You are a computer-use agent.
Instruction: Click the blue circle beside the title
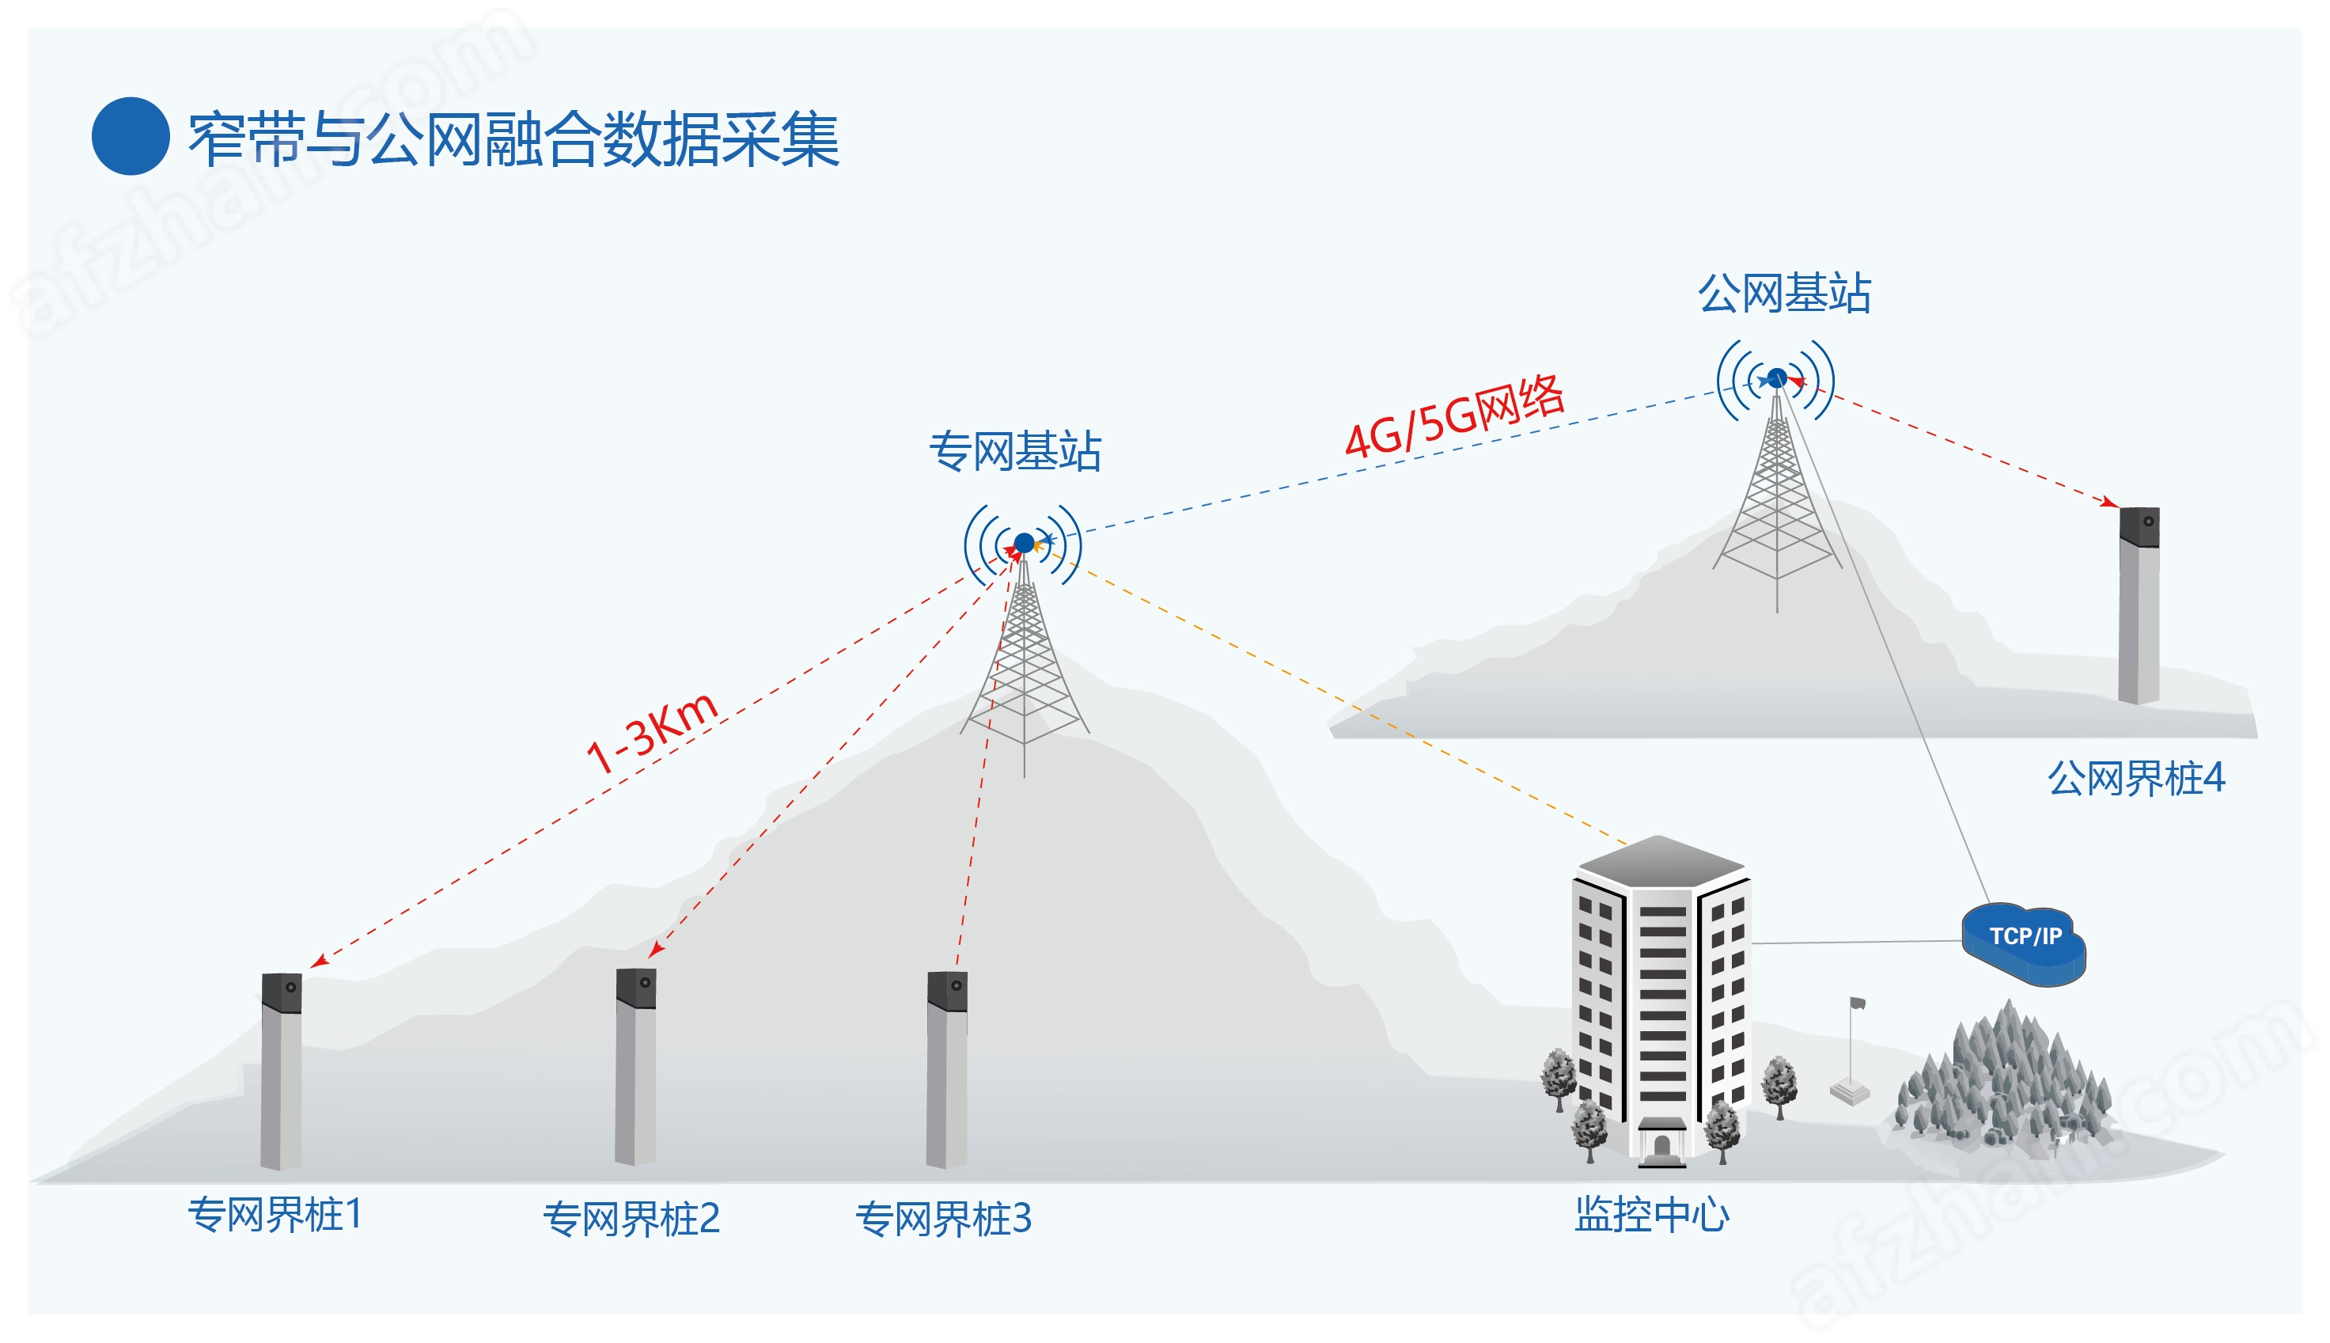130,136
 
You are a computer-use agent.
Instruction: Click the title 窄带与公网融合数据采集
513,139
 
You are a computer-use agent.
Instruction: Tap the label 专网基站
1015,452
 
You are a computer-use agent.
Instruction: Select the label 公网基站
1784,294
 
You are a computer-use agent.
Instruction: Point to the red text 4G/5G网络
1455,416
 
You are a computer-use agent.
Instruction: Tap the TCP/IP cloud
2024,943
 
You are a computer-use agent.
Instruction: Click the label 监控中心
1651,1215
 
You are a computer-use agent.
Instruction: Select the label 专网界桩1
275,1215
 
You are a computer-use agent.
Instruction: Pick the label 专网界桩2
631,1220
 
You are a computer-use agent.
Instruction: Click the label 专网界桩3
943,1220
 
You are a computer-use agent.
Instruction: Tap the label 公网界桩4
2136,779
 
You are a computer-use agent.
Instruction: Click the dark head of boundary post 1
282,992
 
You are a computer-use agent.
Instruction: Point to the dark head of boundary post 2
636,988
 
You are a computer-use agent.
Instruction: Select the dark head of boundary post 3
947,991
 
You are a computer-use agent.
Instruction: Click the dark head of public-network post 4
2139,527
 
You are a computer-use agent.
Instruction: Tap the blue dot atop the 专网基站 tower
1025,543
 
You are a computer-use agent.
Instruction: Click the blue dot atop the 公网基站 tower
1777,377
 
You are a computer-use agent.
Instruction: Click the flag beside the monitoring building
1857,1003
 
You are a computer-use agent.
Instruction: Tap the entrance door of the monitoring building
1661,1147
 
